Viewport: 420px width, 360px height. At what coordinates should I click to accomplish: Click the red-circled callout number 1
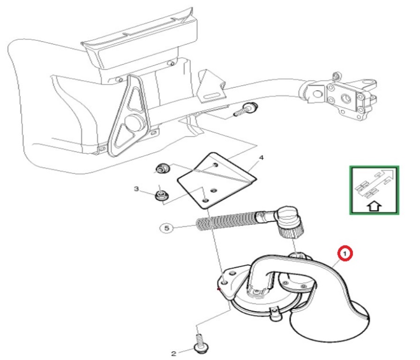[x=345, y=253]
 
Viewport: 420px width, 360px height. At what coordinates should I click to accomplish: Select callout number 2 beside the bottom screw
[x=173, y=353]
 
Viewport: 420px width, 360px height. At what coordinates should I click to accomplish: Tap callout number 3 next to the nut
[x=136, y=189]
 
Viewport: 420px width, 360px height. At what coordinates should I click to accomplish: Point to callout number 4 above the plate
[x=262, y=158]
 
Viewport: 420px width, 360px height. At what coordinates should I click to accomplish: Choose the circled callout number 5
[x=167, y=228]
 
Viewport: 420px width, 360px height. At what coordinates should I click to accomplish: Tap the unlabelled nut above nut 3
[x=163, y=169]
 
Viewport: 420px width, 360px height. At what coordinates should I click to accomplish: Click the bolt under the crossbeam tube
[x=247, y=109]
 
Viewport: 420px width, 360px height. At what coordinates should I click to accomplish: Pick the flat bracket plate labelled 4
[x=217, y=181]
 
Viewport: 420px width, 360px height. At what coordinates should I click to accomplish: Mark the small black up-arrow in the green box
[x=375, y=206]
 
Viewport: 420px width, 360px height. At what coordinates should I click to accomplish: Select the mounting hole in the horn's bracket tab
[x=225, y=282]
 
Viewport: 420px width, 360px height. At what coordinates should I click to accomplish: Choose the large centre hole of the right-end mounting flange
[x=345, y=98]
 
